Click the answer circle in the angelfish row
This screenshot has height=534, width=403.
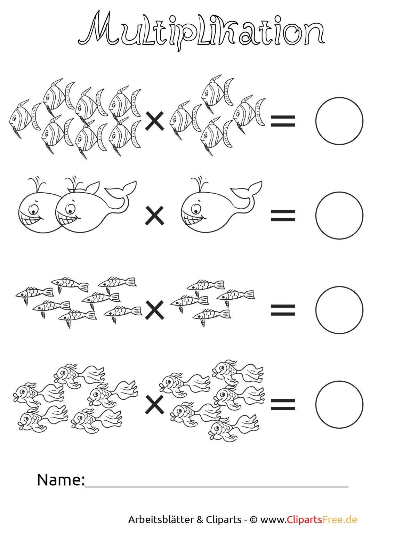339,97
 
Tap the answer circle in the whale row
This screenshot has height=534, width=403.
339,192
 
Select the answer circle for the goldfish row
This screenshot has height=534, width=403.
339,381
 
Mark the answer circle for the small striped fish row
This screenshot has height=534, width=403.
339,286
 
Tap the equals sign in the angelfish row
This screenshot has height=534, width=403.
283,121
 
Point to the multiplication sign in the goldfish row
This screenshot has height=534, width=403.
154,405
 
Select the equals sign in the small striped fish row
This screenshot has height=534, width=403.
283,310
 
